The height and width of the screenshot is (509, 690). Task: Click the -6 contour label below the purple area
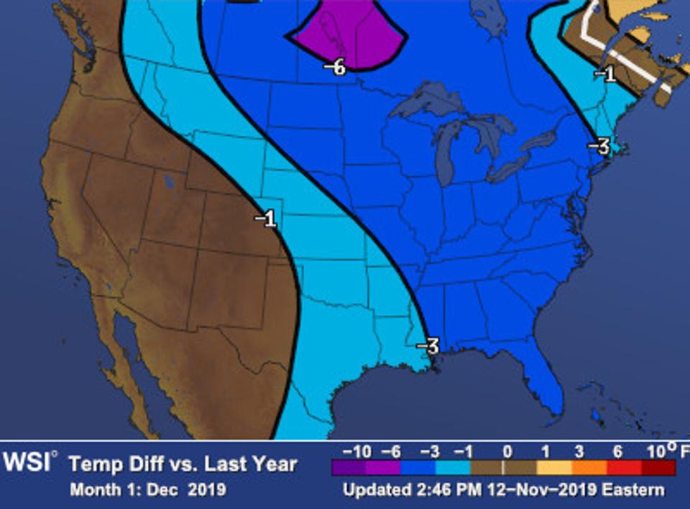coord(335,68)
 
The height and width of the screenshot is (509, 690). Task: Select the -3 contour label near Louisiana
coord(428,346)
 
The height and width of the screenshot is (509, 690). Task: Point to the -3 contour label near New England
coord(599,147)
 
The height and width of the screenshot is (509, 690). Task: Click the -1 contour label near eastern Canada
coord(606,73)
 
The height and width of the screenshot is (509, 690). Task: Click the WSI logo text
coord(27,462)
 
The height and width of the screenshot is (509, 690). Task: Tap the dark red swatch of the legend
coord(658,468)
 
